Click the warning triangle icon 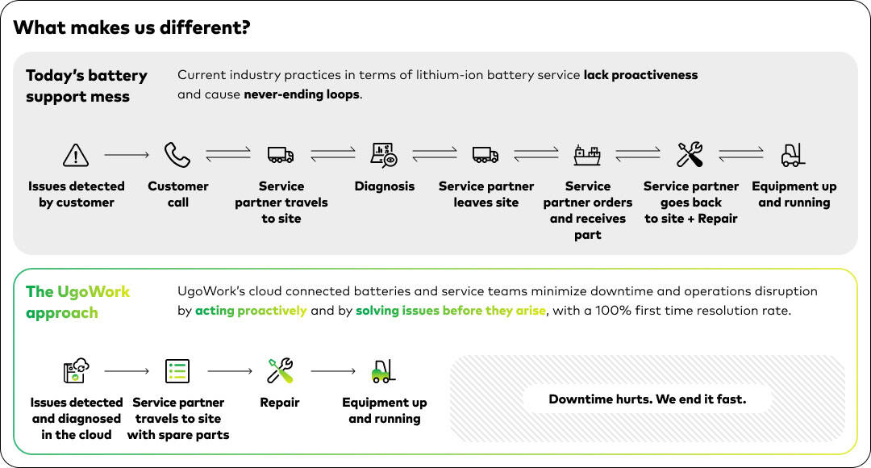click(76, 154)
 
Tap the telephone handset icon click(177, 154)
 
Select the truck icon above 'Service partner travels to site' click(281, 154)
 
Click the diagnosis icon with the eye click(384, 154)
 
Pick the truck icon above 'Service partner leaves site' click(486, 154)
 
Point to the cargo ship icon click(587, 154)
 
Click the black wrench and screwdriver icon click(690, 154)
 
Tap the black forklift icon click(794, 154)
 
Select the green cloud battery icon click(76, 371)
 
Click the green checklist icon click(177, 371)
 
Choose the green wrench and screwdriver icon click(280, 371)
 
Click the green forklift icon click(384, 371)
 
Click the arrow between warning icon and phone click(127, 154)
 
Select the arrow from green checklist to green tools click(230, 371)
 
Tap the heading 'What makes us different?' click(131, 28)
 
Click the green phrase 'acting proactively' click(251, 311)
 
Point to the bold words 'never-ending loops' click(302, 94)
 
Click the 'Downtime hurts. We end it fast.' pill click(647, 399)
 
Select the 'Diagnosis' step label click(385, 186)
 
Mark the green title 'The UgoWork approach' click(77, 302)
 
